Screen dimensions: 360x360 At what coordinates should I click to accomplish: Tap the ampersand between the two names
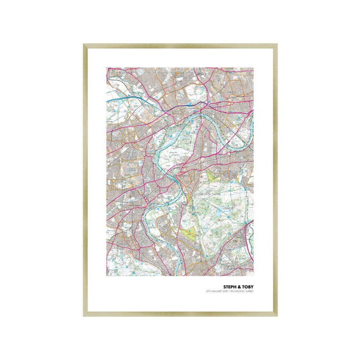coord(239,287)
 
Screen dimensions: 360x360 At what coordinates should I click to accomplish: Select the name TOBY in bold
coord(248,287)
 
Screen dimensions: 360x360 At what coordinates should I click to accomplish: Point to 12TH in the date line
coord(208,291)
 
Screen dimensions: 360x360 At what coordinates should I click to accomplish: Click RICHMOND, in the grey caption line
coord(237,291)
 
